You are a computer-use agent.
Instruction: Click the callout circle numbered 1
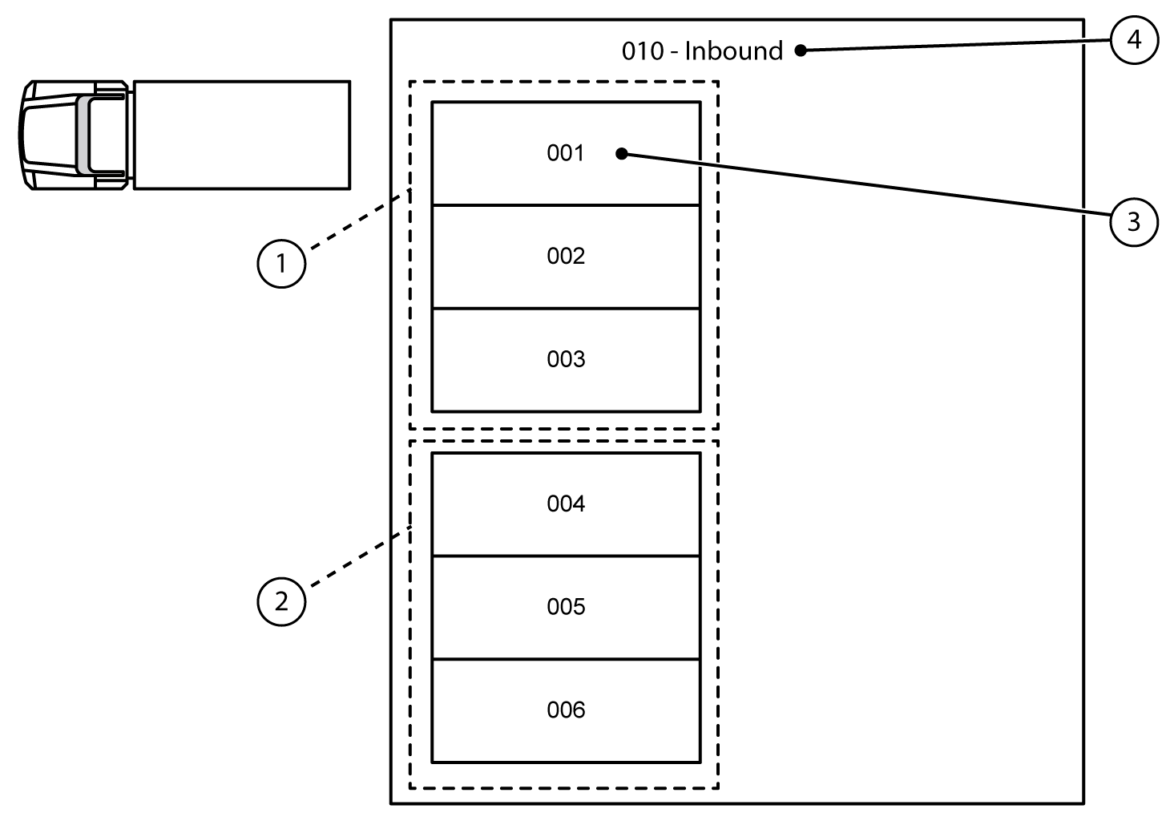[281, 262]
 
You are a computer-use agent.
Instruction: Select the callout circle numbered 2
[281, 601]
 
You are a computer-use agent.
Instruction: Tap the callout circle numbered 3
[1133, 221]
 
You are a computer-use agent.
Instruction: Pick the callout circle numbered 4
[1134, 38]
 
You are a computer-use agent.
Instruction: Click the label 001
[566, 153]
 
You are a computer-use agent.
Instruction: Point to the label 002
[566, 256]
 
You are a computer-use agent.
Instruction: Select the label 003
[566, 359]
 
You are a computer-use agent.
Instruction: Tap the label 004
[566, 504]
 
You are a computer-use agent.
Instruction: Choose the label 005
[566, 607]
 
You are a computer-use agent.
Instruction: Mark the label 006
[566, 710]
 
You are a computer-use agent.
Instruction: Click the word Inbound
[733, 51]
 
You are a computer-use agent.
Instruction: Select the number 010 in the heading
[643, 51]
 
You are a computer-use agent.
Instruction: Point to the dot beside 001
[622, 153]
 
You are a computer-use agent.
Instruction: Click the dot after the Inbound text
[800, 51]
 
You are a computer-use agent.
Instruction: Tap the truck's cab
[74, 135]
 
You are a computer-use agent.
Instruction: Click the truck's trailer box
[241, 135]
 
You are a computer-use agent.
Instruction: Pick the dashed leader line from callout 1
[357, 220]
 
